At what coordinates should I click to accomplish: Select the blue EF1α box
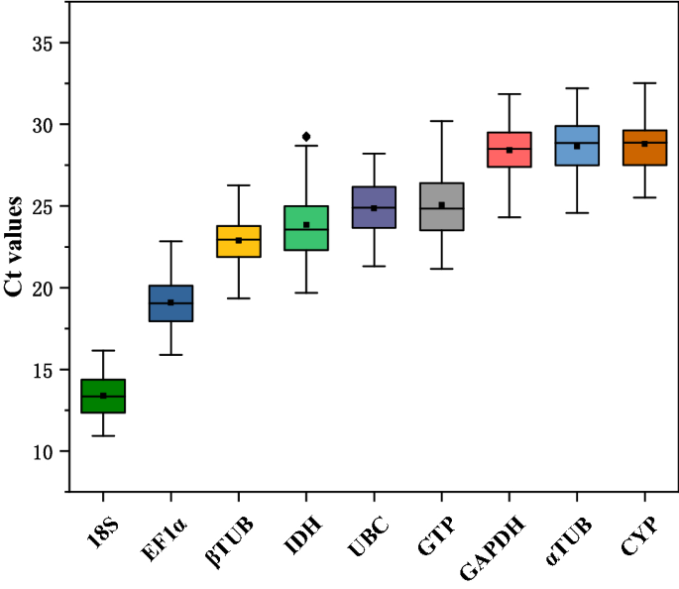(x=170, y=303)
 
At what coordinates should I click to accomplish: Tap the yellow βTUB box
(x=239, y=241)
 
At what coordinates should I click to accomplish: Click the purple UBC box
(x=374, y=207)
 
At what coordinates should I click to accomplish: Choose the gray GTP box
(x=441, y=206)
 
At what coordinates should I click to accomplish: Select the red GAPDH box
(x=509, y=150)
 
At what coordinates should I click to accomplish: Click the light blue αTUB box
(x=577, y=145)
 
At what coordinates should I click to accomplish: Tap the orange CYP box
(x=644, y=147)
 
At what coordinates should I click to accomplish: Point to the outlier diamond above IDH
(x=306, y=136)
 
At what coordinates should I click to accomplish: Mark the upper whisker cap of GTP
(x=441, y=121)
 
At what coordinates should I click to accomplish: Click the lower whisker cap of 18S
(x=103, y=435)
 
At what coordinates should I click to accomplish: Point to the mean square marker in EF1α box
(x=170, y=302)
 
